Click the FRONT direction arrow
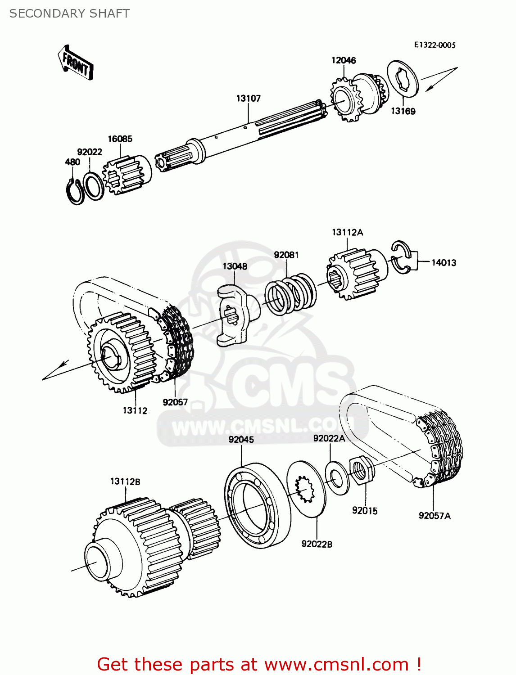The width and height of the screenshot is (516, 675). point(76,63)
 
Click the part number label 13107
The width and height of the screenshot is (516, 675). point(248,98)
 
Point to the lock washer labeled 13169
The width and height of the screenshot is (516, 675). point(403,79)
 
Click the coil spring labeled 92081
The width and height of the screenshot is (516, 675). point(290,295)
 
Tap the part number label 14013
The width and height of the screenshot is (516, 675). point(444,262)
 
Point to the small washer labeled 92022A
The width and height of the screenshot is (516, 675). point(337,477)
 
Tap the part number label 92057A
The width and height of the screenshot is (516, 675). point(434,516)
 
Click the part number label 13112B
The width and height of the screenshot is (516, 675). point(125,481)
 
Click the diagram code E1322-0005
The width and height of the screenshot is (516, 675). point(435,45)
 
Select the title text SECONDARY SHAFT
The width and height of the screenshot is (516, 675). point(69,13)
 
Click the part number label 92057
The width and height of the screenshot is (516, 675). point(175,402)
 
